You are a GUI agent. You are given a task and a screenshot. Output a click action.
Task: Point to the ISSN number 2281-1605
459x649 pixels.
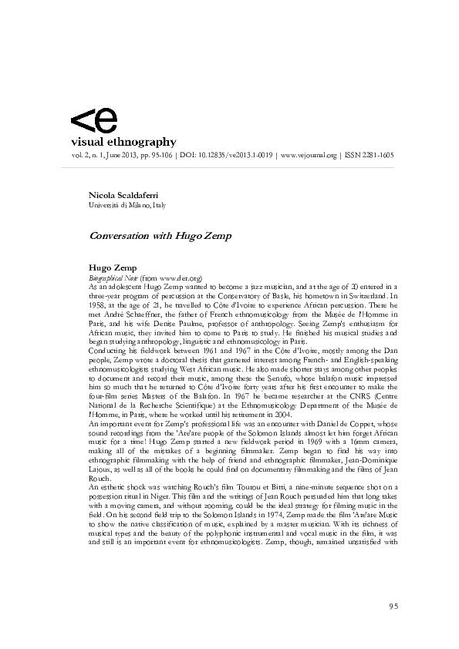tap(374, 154)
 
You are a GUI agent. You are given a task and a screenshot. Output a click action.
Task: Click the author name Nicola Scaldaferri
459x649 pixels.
tap(122, 197)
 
